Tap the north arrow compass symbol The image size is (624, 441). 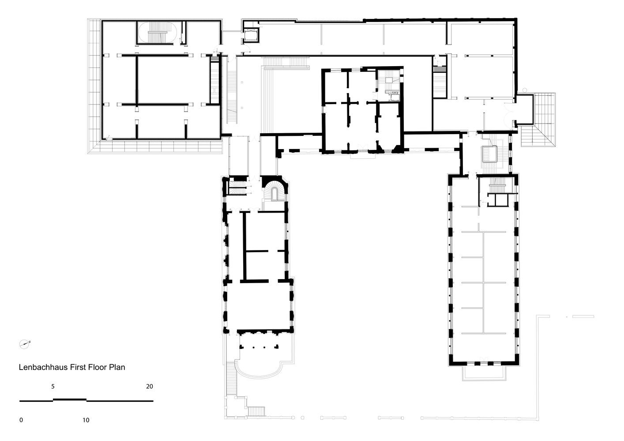pyautogui.click(x=25, y=344)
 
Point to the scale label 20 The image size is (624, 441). pyautogui.click(x=150, y=386)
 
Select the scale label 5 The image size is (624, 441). pyautogui.click(x=53, y=386)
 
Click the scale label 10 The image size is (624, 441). pyautogui.click(x=86, y=420)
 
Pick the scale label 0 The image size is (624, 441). pyautogui.click(x=21, y=420)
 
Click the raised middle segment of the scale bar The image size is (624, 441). pyautogui.click(x=70, y=399)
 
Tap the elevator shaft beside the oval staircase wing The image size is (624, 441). pyautogui.click(x=252, y=35)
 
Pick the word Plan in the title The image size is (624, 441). pyautogui.click(x=118, y=367)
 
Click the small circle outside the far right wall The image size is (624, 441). pyautogui.click(x=524, y=90)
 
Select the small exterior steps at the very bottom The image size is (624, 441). pyautogui.click(x=256, y=411)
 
